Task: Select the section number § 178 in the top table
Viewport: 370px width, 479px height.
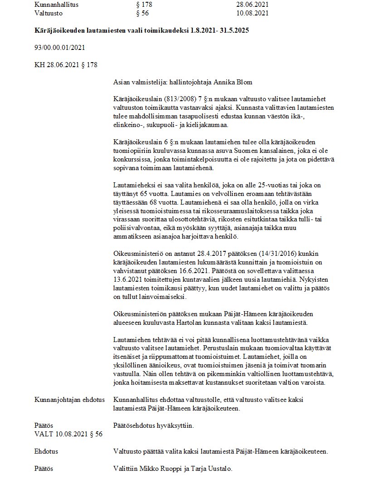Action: click(x=144, y=5)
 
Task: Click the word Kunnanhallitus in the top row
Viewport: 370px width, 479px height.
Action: click(x=57, y=5)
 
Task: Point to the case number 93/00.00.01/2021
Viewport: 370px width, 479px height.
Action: click(x=60, y=47)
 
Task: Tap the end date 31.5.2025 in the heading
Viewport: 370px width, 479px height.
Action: click(x=233, y=30)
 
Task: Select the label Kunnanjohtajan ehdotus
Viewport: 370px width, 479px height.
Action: click(x=69, y=400)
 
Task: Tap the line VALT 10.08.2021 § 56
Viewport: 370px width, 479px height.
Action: click(x=68, y=434)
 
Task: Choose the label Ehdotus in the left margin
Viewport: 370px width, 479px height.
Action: click(x=46, y=451)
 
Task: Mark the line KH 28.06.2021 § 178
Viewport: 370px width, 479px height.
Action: click(x=66, y=64)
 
